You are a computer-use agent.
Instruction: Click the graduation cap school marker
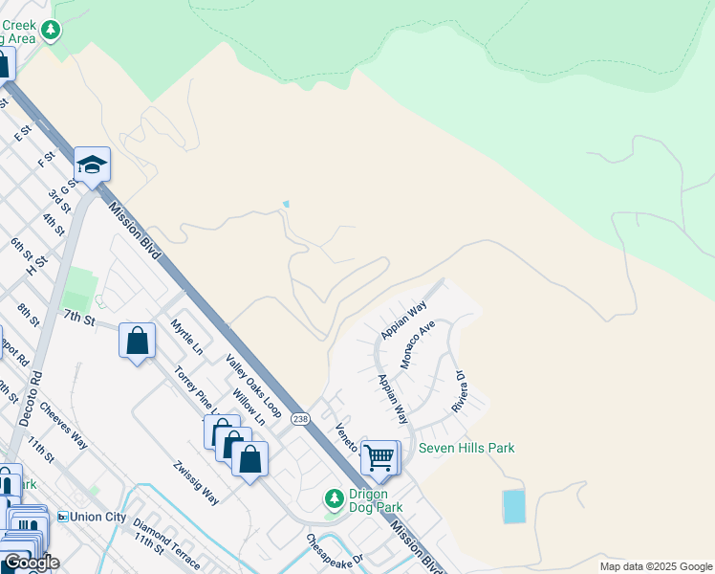tap(92, 166)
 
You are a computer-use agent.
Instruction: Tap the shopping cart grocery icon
tap(379, 458)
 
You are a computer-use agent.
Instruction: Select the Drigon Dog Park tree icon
tap(334, 497)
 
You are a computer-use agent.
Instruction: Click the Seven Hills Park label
tap(466, 448)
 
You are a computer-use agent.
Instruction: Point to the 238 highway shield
tap(301, 419)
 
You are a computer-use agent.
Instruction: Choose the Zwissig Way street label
tap(197, 483)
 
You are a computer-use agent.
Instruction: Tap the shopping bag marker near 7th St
tap(138, 341)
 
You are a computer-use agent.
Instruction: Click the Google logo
tap(31, 563)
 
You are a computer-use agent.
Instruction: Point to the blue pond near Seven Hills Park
tap(514, 506)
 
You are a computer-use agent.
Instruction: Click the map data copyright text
tap(655, 566)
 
